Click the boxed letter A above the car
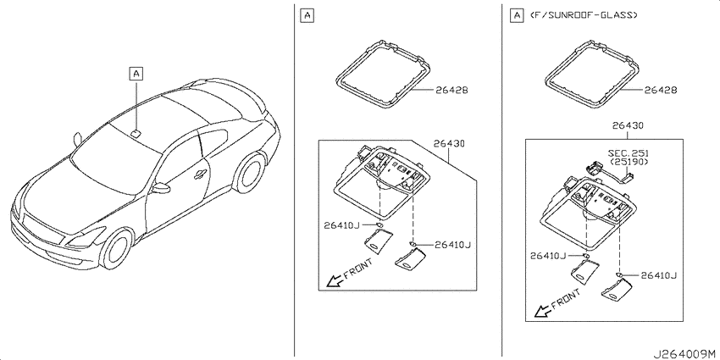coord(136,73)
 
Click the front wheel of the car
coord(118,249)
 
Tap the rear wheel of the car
coord(249,173)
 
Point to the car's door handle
coord(200,174)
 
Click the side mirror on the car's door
coord(161,188)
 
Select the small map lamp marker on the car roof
coord(136,133)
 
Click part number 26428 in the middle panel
coord(451,91)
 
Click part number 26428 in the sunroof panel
coord(661,91)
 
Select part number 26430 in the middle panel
coord(449,144)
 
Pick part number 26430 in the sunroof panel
coord(628,125)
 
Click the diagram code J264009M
coord(684,353)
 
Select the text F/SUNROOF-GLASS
coord(584,15)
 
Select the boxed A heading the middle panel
coord(307,15)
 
